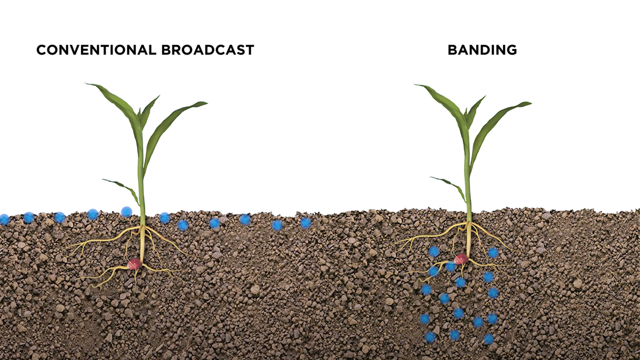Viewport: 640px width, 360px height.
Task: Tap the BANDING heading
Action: pyautogui.click(x=482, y=50)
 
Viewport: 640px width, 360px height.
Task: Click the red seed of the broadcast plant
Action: pyautogui.click(x=134, y=263)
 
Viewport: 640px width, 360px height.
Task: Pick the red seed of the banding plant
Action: pyautogui.click(x=461, y=259)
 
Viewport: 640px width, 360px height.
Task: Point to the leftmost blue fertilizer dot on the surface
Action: pyautogui.click(x=4, y=219)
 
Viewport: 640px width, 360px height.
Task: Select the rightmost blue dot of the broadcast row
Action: pyautogui.click(x=306, y=223)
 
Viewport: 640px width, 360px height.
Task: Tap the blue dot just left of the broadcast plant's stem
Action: pyautogui.click(x=126, y=212)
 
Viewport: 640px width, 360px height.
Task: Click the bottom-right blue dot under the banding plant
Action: pyautogui.click(x=489, y=339)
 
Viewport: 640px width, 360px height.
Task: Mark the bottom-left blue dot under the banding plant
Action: pyautogui.click(x=430, y=337)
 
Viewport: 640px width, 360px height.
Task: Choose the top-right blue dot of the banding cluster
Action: pyautogui.click(x=493, y=253)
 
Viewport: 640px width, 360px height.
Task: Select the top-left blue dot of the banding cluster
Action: pyautogui.click(x=435, y=251)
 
